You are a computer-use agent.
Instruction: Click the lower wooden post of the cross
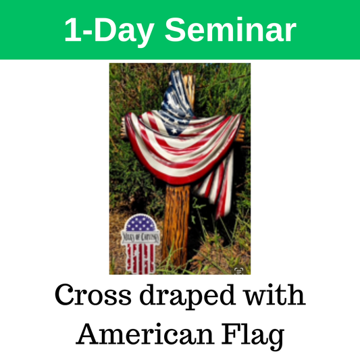tap(177, 223)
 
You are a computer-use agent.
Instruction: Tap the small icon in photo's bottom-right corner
tap(238, 270)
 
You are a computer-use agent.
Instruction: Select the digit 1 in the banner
tap(71, 30)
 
